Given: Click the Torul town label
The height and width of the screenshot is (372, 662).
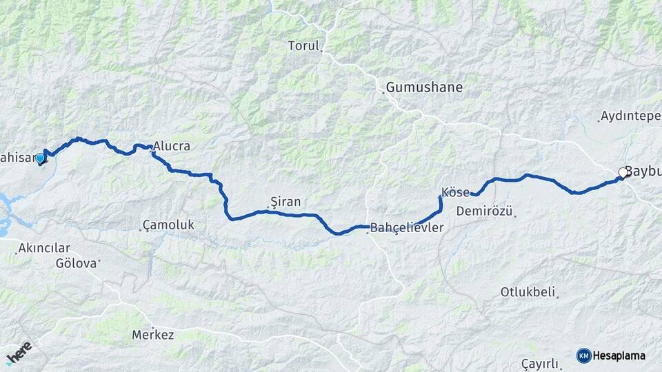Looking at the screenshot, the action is [x=303, y=46].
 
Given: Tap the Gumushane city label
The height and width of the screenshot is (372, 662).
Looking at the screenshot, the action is [x=424, y=87].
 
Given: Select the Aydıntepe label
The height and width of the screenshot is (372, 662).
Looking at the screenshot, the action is [x=631, y=116].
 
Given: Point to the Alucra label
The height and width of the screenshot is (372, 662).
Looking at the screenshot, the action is [x=172, y=147].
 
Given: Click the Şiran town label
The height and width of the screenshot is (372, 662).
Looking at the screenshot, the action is [x=285, y=202].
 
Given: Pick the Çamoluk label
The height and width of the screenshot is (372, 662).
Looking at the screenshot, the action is [x=168, y=225].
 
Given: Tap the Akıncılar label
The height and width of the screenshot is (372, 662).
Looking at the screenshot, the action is [x=44, y=248].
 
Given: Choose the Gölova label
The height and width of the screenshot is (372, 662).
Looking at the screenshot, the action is [x=77, y=263].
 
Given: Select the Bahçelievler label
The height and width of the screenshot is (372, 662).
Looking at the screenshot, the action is [x=406, y=227].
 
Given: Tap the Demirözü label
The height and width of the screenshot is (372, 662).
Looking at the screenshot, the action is [x=484, y=211].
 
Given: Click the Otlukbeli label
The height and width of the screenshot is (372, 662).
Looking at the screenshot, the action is [x=528, y=292].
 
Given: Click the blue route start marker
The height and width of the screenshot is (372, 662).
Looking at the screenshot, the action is [x=40, y=158].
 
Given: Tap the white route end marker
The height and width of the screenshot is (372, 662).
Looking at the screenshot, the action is [x=623, y=173].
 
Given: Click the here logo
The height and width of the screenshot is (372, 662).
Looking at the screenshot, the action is [x=19, y=353].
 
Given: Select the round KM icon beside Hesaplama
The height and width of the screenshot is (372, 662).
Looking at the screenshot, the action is [x=583, y=355].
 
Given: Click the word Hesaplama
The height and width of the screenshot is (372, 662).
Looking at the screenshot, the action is [x=620, y=355].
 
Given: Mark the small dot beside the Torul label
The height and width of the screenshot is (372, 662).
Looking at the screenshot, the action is [x=321, y=50].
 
